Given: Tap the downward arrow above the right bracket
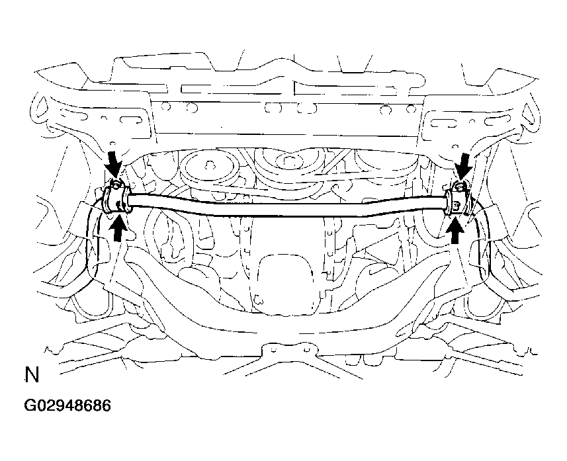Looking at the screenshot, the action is [464, 166].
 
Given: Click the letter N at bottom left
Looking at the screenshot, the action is [32, 375].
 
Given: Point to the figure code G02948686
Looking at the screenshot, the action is [67, 405].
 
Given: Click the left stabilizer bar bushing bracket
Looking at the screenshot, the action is [115, 199].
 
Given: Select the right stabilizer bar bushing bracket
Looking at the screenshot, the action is [458, 202].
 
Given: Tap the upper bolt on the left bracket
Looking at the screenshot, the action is [114, 185].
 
